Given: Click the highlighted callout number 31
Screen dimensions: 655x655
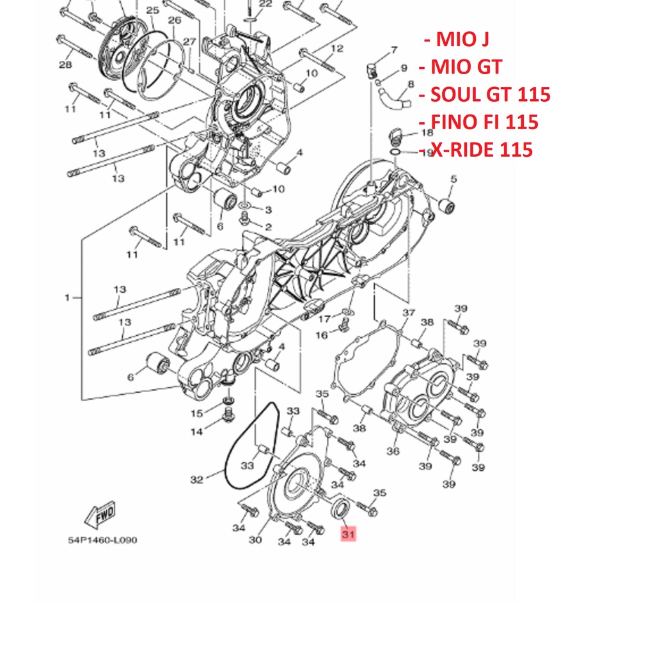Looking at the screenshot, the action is tap(349, 533).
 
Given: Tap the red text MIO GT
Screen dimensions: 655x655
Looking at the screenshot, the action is tap(466, 67).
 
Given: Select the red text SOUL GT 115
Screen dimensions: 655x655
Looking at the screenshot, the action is tap(491, 95).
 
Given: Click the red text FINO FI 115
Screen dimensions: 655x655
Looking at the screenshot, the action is tap(484, 122).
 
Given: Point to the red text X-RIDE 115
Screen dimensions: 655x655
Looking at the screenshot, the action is tap(481, 150).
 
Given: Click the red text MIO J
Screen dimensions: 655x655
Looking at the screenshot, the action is tap(462, 39).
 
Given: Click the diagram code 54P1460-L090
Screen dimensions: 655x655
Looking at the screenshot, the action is tap(102, 540).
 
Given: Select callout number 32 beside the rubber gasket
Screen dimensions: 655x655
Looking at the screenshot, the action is tap(197, 480).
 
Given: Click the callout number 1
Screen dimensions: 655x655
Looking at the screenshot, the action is tap(67, 297).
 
